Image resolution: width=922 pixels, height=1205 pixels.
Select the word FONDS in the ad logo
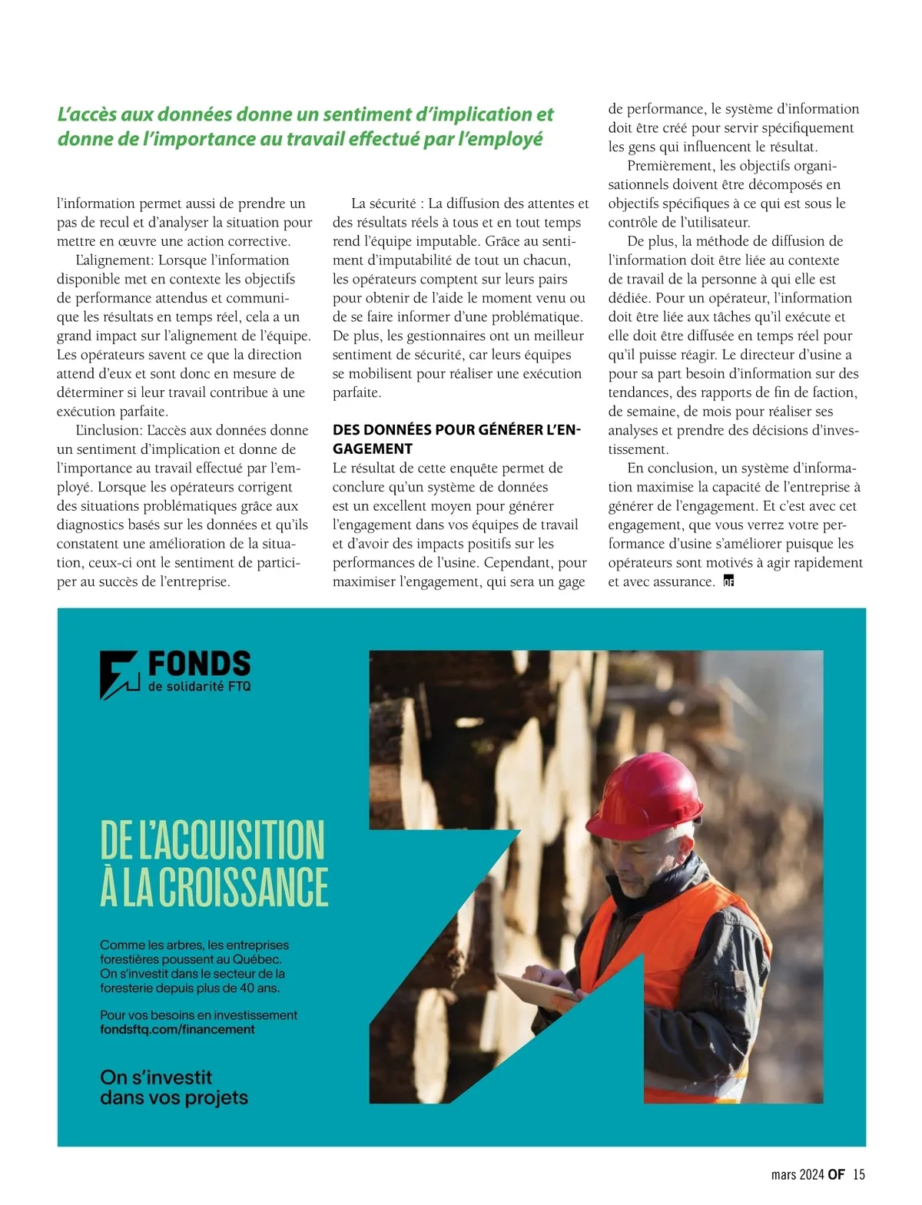point(199,664)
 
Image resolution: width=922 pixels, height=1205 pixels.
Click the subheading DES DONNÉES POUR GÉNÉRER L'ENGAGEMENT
point(456,439)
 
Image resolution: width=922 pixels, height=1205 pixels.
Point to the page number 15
point(859,1174)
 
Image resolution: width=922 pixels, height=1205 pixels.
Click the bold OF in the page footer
point(836,1174)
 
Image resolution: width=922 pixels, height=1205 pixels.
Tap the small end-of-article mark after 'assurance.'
point(728,581)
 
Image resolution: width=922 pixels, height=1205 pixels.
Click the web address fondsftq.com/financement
point(177,1029)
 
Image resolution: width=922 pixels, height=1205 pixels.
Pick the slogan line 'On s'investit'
point(156,1077)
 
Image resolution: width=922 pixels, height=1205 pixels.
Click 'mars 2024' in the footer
point(798,1174)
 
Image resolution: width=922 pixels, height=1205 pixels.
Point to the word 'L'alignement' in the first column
point(113,260)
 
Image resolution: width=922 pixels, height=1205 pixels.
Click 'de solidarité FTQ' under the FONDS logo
point(199,686)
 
